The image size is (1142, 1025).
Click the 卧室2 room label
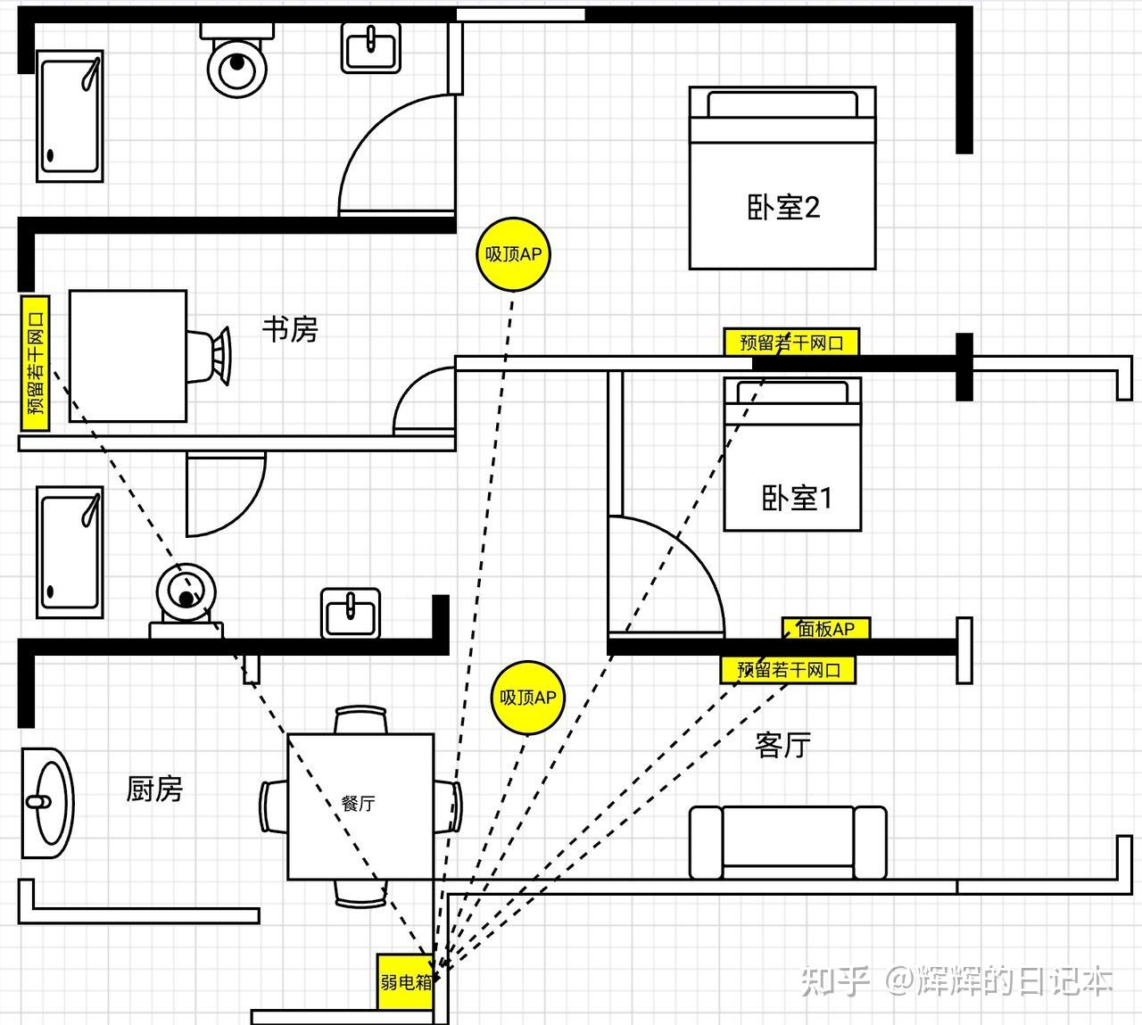pos(783,208)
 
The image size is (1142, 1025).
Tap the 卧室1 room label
pos(797,498)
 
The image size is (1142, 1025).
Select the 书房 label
pos(290,329)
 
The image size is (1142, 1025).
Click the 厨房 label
pos(154,789)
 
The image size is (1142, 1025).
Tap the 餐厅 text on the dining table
pos(358,803)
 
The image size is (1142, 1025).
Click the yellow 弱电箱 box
pos(405,982)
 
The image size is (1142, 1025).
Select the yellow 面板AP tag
pos(826,629)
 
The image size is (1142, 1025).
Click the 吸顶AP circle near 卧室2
pos(513,254)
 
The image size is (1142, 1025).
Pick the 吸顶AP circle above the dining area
pos(527,698)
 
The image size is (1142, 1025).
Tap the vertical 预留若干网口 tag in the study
pos(36,363)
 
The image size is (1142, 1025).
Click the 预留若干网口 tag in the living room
pos(788,670)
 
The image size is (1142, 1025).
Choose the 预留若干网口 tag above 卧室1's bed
pos(791,342)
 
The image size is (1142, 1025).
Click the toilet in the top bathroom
pos(236,60)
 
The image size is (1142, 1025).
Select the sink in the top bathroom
pos(371,47)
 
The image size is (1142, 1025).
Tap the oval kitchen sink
pos(48,803)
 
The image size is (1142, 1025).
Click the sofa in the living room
pos(788,842)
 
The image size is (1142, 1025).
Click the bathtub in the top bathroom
pos(70,116)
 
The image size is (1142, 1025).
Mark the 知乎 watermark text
pos(835,981)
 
